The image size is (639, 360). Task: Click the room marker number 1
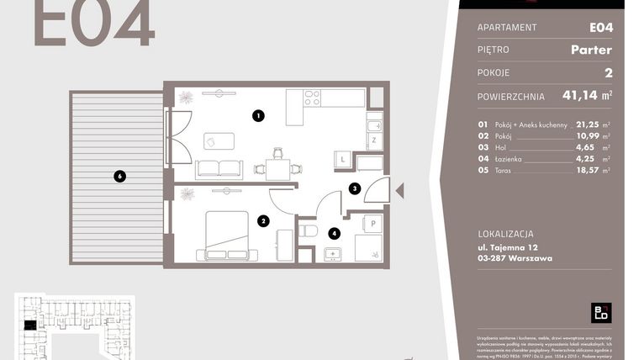click(x=259, y=116)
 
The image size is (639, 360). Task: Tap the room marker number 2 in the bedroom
click(x=263, y=221)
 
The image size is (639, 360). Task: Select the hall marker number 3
click(x=356, y=189)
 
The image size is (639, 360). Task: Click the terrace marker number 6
click(x=120, y=176)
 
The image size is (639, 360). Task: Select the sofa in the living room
click(x=219, y=169)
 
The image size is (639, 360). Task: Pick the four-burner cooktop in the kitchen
click(x=312, y=98)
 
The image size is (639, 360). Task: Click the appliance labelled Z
click(x=373, y=140)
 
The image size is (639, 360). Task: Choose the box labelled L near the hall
click(x=343, y=158)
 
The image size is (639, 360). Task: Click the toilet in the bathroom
click(x=308, y=230)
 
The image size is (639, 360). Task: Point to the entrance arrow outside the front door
click(x=399, y=192)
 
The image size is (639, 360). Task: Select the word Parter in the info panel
click(x=591, y=50)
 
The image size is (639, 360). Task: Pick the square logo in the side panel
click(x=601, y=312)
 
